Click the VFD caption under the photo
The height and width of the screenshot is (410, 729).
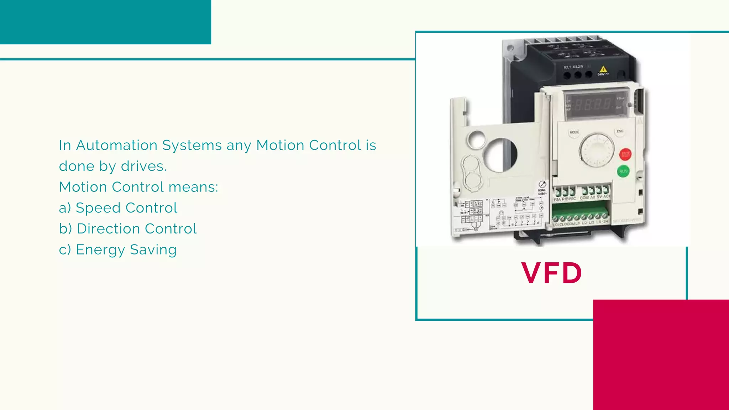click(551, 273)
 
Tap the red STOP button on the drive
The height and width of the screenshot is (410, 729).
click(625, 154)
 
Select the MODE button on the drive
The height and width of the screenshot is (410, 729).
click(574, 132)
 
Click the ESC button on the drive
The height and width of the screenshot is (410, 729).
click(620, 131)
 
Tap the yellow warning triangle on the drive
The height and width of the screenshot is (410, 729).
click(603, 69)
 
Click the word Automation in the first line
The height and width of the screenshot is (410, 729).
click(116, 145)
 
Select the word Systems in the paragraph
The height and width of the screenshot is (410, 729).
click(192, 145)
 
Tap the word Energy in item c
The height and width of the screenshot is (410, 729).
click(100, 250)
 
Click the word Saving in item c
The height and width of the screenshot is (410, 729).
click(153, 250)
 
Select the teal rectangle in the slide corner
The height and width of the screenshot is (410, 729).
click(105, 22)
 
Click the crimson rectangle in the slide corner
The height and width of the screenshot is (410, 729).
click(661, 355)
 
